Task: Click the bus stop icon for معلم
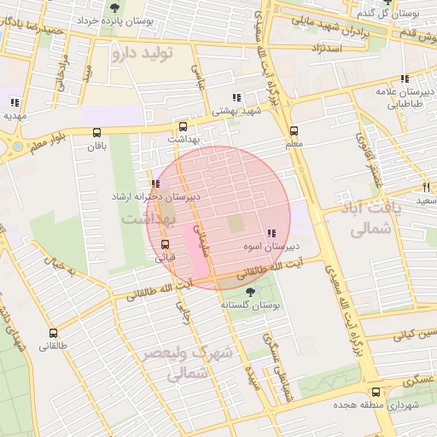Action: [x=294, y=131]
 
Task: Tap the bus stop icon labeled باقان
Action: [x=96, y=132]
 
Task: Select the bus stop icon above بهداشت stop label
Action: [x=182, y=125]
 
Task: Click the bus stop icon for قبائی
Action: [x=165, y=243]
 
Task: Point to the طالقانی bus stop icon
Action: [x=54, y=334]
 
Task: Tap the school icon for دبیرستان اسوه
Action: [x=271, y=233]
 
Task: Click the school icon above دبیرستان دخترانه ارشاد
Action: [x=154, y=184]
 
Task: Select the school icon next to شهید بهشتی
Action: [x=236, y=98]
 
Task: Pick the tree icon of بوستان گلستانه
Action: [x=249, y=291]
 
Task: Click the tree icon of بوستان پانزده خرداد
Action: [x=114, y=8]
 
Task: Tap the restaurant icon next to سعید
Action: [x=426, y=187]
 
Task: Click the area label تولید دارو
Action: [x=142, y=53]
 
